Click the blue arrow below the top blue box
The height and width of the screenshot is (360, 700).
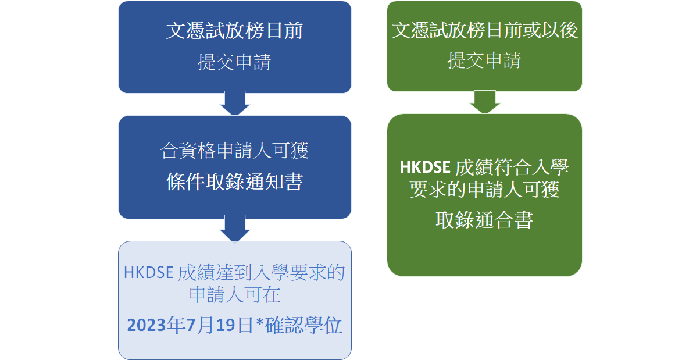(235, 103)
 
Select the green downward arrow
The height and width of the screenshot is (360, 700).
(484, 102)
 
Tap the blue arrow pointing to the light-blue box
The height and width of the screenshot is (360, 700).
(235, 228)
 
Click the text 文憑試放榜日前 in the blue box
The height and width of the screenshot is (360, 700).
(235, 31)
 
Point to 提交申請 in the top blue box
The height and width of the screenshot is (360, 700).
(234, 62)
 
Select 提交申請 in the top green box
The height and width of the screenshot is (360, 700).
(484, 60)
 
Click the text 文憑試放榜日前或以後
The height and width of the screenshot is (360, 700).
(484, 30)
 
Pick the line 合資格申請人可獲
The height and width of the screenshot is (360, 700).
(234, 150)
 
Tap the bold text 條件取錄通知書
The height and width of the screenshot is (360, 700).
(235, 181)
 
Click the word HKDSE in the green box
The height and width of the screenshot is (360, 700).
(425, 167)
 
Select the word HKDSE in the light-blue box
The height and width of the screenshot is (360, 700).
(149, 272)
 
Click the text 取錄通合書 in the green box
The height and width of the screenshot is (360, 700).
(484, 220)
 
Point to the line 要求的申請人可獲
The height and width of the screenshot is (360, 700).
(484, 189)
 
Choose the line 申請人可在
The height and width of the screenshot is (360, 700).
(235, 294)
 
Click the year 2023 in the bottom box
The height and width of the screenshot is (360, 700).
(147, 325)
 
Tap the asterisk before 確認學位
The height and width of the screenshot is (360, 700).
(260, 322)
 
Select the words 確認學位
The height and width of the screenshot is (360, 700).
(303, 325)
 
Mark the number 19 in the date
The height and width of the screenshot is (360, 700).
(226, 325)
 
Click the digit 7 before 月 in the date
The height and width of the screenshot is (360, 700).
(191, 325)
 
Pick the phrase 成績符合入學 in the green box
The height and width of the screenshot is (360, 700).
(512, 167)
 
